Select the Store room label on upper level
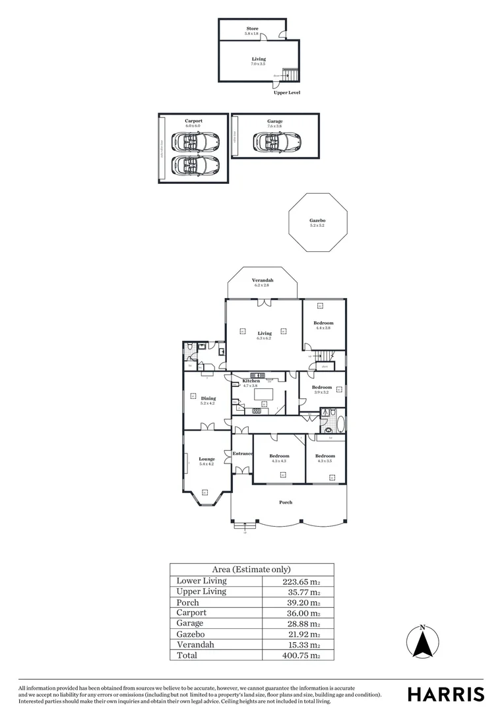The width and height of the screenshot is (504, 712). tap(252, 29)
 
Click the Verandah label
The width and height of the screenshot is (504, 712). tap(263, 281)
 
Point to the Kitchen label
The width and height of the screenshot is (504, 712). tap(251, 381)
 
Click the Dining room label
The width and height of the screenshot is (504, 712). tap(208, 398)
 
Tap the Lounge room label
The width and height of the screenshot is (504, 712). tap(206, 459)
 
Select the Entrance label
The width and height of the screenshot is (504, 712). tap(242, 454)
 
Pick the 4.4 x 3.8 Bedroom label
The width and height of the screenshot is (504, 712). tap(323, 323)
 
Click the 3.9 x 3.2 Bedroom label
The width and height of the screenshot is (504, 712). tap(321, 388)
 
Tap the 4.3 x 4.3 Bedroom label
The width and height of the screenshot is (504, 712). tap(279, 456)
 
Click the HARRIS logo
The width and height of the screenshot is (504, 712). tap(445, 694)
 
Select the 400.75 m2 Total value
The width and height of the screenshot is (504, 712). tap(301, 655)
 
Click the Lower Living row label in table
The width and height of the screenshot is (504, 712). tap(202, 581)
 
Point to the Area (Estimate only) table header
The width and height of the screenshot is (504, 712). tap(251, 570)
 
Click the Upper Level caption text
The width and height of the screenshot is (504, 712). tap(287, 93)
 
